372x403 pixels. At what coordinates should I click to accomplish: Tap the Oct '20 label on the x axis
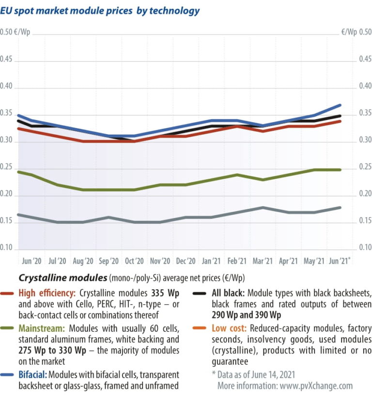click(134, 261)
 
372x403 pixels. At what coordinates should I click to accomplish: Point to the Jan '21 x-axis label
click(211, 261)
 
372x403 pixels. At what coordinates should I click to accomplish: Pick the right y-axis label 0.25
click(364, 168)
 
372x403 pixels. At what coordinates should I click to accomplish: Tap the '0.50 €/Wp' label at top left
click(15, 32)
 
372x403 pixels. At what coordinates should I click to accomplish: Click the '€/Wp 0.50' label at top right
click(356, 32)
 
